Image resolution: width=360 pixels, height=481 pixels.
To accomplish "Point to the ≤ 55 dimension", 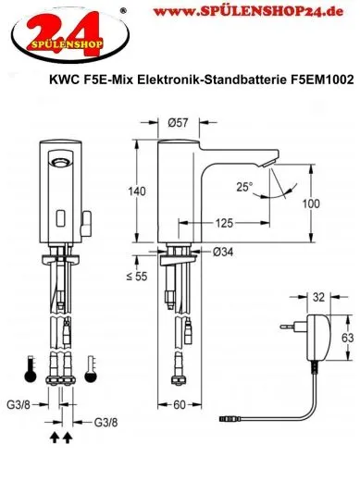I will click(137, 277).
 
